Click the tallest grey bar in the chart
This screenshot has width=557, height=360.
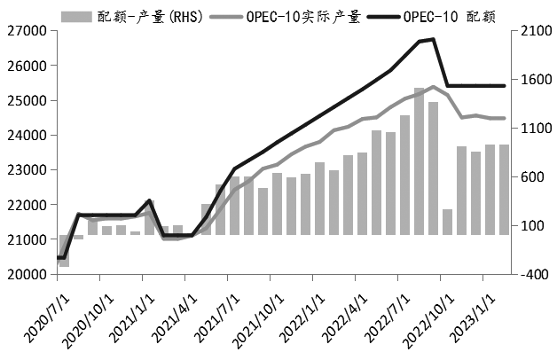coord(419,160)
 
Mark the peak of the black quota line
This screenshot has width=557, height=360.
coord(432,39)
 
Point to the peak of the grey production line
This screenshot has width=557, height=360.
coord(432,86)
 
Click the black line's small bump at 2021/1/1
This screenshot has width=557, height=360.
coord(150,201)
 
